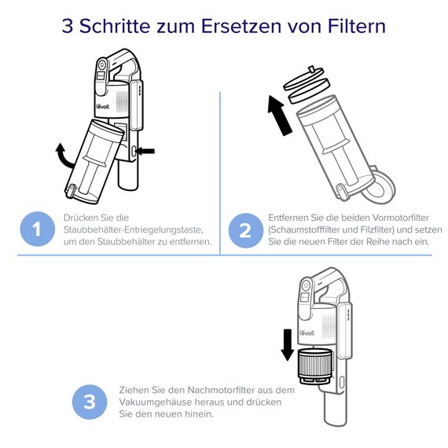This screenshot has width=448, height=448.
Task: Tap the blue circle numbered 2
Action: (244, 230)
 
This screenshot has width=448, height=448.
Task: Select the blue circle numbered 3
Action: (89, 402)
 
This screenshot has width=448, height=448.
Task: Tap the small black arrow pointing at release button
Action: (147, 149)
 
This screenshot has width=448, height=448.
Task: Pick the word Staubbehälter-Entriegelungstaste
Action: (133, 229)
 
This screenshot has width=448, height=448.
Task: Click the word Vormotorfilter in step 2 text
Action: (387, 216)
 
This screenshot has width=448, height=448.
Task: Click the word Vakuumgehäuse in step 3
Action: (158, 402)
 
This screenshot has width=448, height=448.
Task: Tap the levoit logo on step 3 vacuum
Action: (307, 330)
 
